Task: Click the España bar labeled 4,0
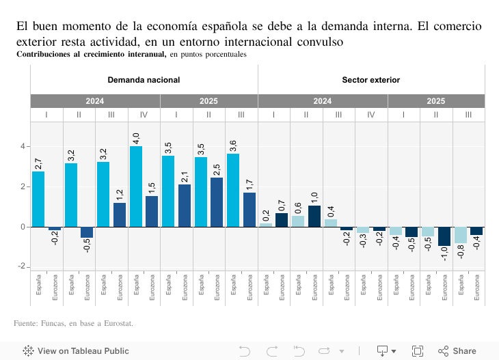click(136, 186)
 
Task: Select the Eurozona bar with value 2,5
click(217, 202)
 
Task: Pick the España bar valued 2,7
click(38, 199)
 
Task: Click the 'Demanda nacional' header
click(144, 80)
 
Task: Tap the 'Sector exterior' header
click(370, 80)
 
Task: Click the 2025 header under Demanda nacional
click(208, 100)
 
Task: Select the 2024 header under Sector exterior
click(323, 100)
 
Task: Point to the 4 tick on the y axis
click(23, 146)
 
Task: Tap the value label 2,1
click(185, 177)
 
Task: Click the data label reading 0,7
click(282, 205)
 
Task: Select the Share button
click(457, 351)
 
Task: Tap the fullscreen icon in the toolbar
click(418, 351)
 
